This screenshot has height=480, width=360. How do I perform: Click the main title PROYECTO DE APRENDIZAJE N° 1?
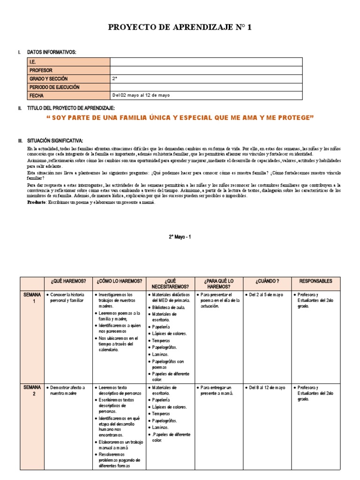point(180,28)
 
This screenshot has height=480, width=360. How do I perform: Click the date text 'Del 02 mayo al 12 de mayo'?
point(141,95)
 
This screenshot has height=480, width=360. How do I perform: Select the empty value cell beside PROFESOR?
point(206,70)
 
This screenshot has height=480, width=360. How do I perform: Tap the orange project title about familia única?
point(180,117)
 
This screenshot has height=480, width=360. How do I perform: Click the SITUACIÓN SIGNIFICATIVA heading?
point(55,141)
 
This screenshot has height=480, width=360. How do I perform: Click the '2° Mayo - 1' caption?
point(180,237)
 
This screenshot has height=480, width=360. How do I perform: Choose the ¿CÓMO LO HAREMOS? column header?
point(120,281)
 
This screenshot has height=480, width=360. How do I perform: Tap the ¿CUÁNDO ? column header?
point(267,281)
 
